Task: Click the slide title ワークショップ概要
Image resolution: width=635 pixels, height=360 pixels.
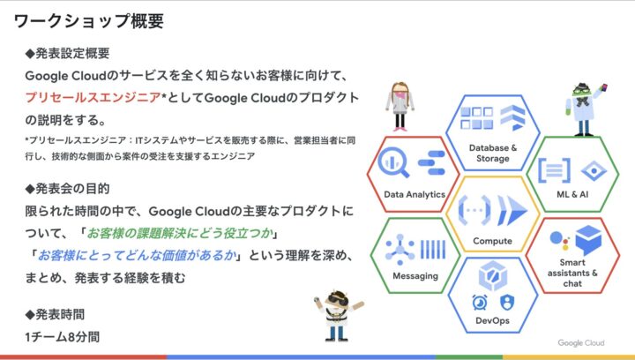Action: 89,21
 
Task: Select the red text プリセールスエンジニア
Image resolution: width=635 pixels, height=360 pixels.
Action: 93,98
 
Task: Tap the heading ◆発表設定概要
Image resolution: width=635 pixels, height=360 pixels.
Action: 67,53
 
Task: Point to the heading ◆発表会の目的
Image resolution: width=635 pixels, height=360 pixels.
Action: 67,188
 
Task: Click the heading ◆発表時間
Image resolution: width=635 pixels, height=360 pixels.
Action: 55,314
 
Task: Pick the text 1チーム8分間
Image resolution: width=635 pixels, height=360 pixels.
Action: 63,336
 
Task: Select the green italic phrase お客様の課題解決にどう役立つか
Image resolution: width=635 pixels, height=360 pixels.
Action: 180,233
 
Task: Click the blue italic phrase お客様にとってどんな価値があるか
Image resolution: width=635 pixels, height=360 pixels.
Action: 137,256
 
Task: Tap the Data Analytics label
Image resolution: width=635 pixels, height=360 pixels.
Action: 415,194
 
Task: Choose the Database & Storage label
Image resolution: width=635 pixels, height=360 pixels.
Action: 493,153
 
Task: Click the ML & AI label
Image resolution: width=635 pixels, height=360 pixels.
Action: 572,194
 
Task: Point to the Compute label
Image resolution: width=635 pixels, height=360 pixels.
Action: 492,241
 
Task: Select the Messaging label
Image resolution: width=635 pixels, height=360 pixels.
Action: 415,276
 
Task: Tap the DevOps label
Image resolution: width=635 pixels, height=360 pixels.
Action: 492,320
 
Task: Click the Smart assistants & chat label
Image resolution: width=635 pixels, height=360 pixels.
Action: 572,273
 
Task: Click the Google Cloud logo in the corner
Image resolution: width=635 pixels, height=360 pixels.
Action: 580,343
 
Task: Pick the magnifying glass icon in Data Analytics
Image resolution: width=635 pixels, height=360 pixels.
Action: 392,162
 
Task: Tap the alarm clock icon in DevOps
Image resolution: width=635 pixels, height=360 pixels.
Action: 480,302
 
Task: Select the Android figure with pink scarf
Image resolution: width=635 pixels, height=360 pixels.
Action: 400,107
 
